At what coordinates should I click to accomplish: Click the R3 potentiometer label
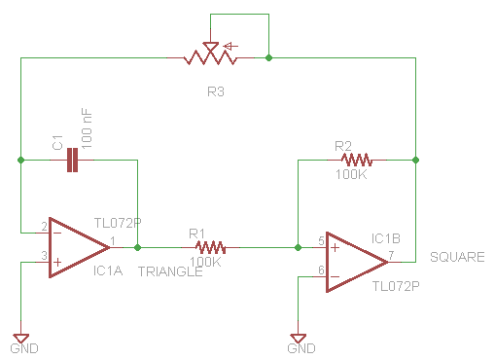pyautogui.click(x=216, y=91)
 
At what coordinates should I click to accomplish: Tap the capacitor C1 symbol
pyautogui.click(x=72, y=160)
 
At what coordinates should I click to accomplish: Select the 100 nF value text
pyautogui.click(x=87, y=128)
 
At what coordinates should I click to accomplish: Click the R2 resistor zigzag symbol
pyautogui.click(x=357, y=160)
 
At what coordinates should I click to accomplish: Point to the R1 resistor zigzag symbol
pyautogui.click(x=210, y=247)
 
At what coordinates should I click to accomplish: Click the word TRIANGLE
pyautogui.click(x=170, y=271)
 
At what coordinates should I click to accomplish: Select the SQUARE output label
pyautogui.click(x=457, y=257)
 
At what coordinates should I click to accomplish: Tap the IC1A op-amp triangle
pyautogui.click(x=79, y=247)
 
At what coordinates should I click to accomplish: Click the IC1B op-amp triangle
pyautogui.click(x=357, y=262)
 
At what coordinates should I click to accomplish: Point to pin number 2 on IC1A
pyautogui.click(x=44, y=227)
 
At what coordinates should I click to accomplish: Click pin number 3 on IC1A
pyautogui.click(x=44, y=256)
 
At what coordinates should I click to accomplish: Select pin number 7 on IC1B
pyautogui.click(x=392, y=255)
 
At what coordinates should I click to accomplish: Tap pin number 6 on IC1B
pyautogui.click(x=321, y=270)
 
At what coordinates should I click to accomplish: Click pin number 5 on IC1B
pyautogui.click(x=321, y=240)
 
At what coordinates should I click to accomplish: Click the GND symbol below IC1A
pyautogui.click(x=21, y=338)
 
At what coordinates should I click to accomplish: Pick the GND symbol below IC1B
pyautogui.click(x=299, y=338)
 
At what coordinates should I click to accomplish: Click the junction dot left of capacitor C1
pyautogui.click(x=21, y=160)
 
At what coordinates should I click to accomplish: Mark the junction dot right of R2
pyautogui.click(x=415, y=160)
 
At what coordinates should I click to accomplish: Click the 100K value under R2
pyautogui.click(x=351, y=174)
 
